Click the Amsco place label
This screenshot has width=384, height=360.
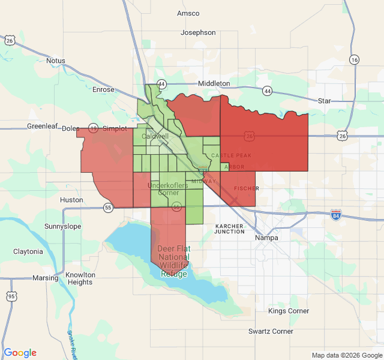coord(188,13)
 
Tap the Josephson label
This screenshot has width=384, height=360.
coord(198,32)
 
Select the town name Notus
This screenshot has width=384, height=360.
coord(55,61)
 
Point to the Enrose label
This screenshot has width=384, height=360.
coord(103,89)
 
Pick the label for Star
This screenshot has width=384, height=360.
coord(325,101)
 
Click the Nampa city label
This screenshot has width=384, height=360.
coord(266,238)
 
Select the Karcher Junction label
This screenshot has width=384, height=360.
coord(230,229)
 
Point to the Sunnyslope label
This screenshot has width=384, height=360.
coord(62,226)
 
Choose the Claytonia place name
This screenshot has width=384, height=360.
coord(28,251)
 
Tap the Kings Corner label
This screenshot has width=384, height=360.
coord(289,311)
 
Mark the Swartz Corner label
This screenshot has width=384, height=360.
coord(271,331)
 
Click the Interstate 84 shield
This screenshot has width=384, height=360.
coord(336,214)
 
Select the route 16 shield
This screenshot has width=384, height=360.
coord(355,59)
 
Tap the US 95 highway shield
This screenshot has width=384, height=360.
coord(11,296)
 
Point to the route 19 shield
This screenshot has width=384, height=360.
coord(93,128)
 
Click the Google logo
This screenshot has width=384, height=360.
coord(20,353)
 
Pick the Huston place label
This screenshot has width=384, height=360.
coord(72,200)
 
